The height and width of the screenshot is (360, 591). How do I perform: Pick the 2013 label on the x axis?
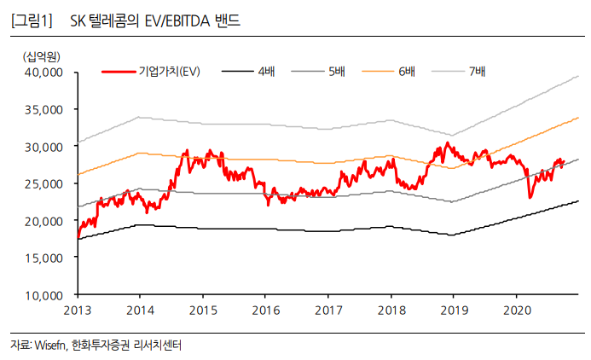[77, 309]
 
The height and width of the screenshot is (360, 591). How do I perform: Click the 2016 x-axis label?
[265, 309]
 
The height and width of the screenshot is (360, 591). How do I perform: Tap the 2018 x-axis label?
[391, 309]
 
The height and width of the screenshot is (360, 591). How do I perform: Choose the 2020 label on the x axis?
[516, 309]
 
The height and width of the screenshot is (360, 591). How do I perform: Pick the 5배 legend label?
[336, 71]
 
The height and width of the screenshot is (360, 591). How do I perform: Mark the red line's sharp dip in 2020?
[530, 198]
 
